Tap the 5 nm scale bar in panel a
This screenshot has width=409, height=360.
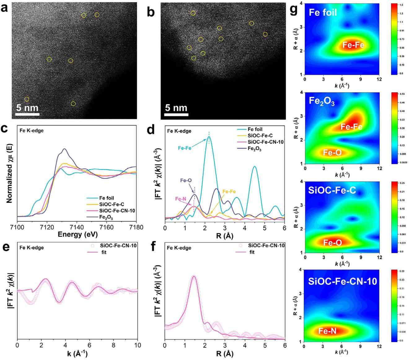point(27,114)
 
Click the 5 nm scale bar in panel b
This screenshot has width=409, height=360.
point(176,114)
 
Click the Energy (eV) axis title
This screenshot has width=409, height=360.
point(77,234)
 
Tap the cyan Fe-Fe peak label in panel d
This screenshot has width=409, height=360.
point(185,148)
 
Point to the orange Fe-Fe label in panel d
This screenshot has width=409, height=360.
point(229,192)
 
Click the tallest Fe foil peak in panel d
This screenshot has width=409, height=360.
point(209,137)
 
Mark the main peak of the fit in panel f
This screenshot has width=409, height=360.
point(194,276)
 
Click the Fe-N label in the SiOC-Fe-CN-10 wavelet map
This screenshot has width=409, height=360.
point(328,331)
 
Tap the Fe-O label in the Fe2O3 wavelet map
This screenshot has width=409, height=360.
point(332,152)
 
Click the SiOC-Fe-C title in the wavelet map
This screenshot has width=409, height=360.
point(332,190)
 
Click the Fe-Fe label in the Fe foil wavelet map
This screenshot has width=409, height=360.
point(353,45)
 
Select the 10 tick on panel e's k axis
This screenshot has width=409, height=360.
point(138,345)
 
